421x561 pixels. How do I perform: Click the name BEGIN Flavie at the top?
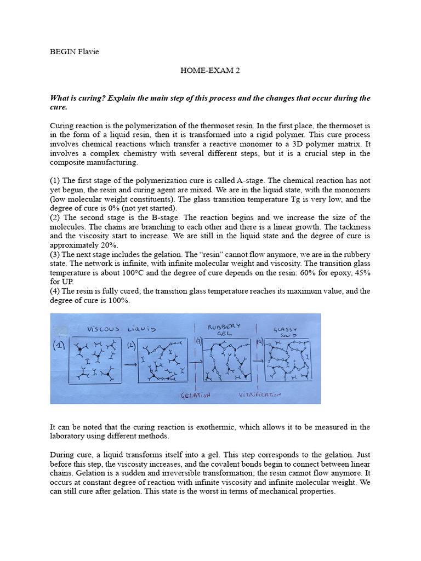click(75, 52)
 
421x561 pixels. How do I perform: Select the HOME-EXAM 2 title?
click(210, 70)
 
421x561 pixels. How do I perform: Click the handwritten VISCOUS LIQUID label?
click(121, 329)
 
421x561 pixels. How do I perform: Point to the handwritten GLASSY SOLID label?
click(287, 332)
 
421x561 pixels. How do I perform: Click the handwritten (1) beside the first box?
click(59, 347)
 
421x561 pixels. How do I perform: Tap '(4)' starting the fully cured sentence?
click(55, 290)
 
